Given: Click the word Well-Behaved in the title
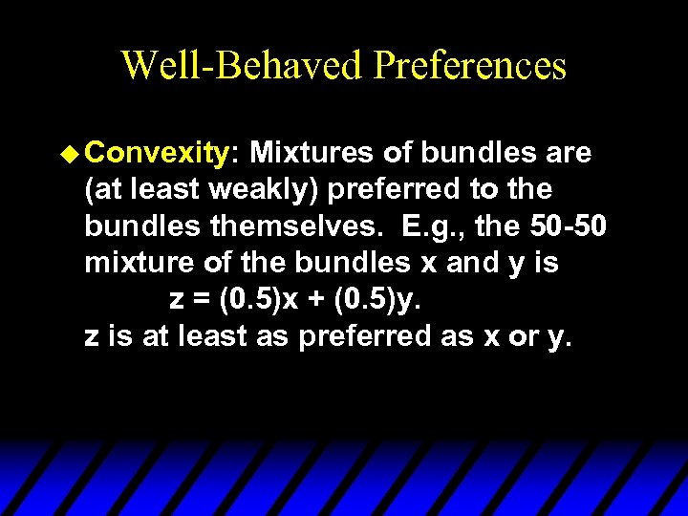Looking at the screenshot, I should click(x=243, y=66).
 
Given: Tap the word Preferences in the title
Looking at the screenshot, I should click(x=471, y=66).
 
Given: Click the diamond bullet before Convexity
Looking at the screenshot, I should click(x=78, y=152).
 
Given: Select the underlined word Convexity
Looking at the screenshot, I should click(x=165, y=153).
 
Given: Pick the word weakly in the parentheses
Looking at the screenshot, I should click(x=261, y=189).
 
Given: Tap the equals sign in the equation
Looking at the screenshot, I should click(x=200, y=300).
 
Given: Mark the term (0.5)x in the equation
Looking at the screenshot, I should click(x=257, y=300).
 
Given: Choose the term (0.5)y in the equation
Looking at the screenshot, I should click(x=379, y=300).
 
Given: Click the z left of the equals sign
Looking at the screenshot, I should click(x=177, y=300).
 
